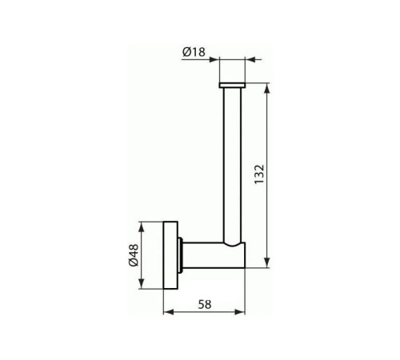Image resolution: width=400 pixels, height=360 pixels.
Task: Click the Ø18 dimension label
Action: (194, 52)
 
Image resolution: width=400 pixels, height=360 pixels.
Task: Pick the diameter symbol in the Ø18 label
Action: (186, 52)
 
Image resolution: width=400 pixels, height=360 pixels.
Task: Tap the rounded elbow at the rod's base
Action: (234, 244)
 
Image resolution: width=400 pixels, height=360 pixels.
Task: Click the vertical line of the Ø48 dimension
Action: (142, 255)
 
